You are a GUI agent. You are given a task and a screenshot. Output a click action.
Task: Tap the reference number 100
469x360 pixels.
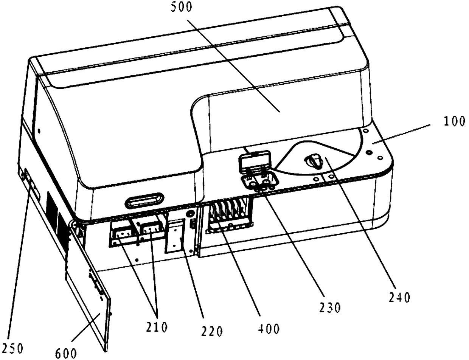(x=454, y=121)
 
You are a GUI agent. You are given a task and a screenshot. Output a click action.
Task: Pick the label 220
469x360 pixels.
(x=212, y=331)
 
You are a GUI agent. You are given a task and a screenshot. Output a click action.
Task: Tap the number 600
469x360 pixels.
(x=66, y=353)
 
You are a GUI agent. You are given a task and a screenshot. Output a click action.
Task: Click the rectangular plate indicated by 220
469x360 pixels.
(x=176, y=236)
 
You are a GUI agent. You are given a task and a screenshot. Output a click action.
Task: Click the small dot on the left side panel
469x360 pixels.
(x=39, y=132)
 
